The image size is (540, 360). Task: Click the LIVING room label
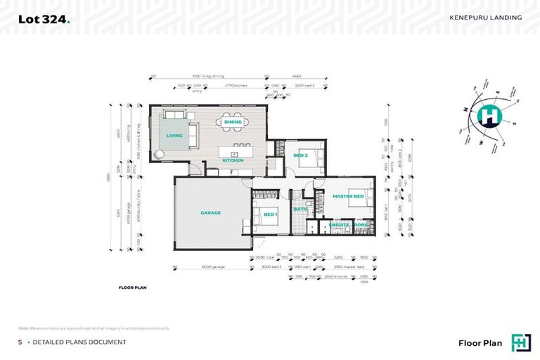(x=174, y=135)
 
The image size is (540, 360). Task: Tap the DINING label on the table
(x=233, y=122)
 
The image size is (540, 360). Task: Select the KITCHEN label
(x=233, y=160)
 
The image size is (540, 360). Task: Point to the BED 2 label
(x=300, y=155)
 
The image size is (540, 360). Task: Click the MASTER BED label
(x=347, y=196)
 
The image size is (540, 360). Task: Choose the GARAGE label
(x=210, y=212)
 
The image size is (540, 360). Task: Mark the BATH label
(x=300, y=209)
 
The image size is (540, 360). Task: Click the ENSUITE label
(x=340, y=225)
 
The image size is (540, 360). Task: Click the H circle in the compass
(x=490, y=115)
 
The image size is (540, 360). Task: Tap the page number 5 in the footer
(x=20, y=342)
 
